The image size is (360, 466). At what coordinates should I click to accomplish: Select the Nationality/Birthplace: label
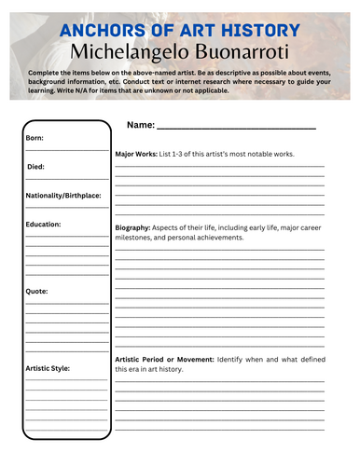(63, 196)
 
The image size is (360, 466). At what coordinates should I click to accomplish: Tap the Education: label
(44, 225)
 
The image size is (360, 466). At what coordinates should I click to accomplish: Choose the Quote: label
(37, 292)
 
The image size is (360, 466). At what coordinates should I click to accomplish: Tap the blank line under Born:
(66, 149)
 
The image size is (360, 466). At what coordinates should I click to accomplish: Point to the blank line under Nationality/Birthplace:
(66, 208)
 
